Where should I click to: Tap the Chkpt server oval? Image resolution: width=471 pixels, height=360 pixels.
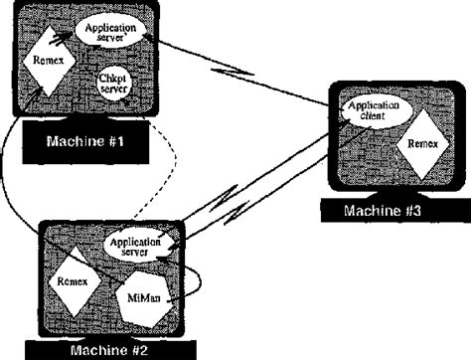(110, 82)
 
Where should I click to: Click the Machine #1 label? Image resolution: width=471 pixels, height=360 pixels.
(84, 141)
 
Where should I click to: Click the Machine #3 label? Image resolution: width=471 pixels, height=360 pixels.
(383, 210)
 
